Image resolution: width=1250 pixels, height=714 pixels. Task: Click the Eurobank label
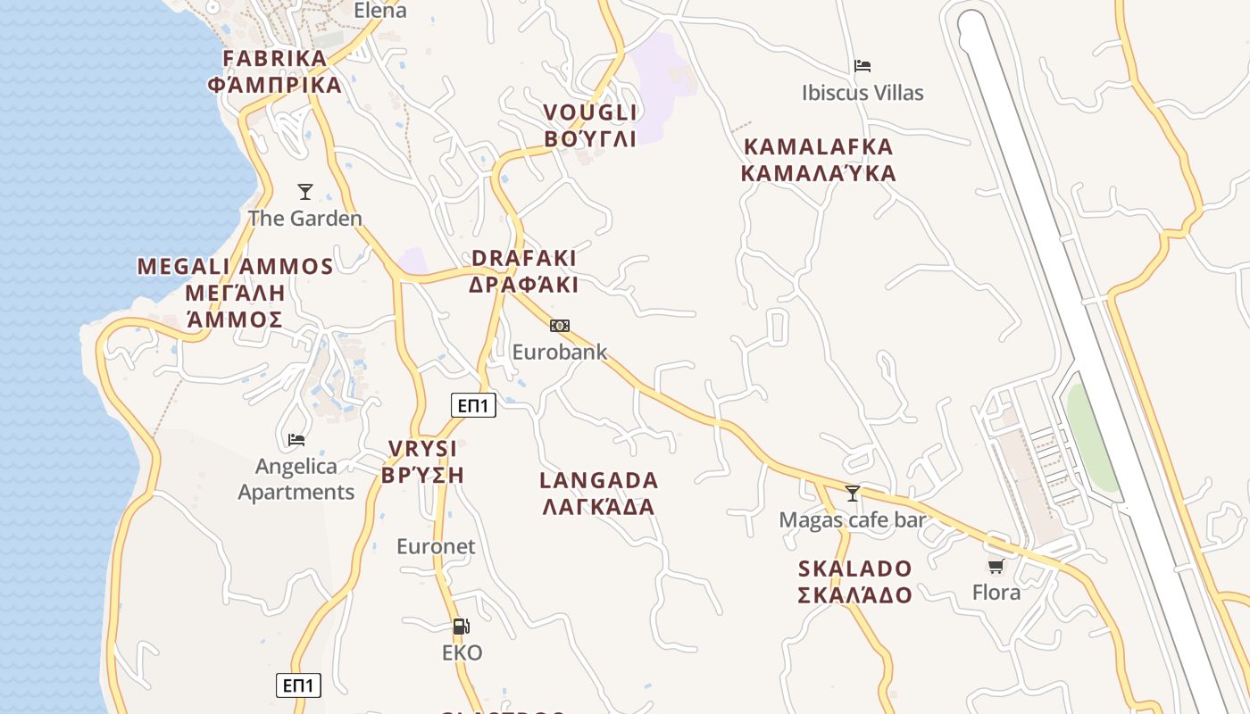click(x=559, y=352)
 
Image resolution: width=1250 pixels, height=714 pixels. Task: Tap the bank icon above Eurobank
click(x=560, y=326)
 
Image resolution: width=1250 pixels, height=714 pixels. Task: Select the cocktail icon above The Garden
click(x=305, y=192)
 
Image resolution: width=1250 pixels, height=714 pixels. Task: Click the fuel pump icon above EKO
click(x=461, y=627)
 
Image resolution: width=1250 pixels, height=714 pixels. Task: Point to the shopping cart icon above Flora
click(x=996, y=567)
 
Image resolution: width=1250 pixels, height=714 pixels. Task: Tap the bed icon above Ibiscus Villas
click(x=862, y=66)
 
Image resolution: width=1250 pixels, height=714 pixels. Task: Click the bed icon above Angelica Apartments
click(x=296, y=439)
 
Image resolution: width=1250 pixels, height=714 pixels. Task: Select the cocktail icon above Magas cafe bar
click(x=853, y=494)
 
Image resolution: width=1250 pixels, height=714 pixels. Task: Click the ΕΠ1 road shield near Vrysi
click(x=473, y=406)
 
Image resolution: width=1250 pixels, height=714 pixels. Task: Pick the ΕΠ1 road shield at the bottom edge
click(x=298, y=685)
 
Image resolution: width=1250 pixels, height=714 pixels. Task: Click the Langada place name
click(x=599, y=494)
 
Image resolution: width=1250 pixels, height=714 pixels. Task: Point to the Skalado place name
click(x=855, y=582)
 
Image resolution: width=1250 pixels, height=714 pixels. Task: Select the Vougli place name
click(x=591, y=126)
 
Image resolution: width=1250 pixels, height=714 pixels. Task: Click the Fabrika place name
click(x=275, y=72)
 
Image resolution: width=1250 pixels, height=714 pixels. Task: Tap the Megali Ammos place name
click(x=235, y=293)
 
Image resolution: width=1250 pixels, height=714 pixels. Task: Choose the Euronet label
click(x=436, y=546)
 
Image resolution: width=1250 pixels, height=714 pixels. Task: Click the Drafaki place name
click(x=524, y=271)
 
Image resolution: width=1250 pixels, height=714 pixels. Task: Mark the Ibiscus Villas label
click(x=862, y=93)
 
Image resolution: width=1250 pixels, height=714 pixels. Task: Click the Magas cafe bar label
click(x=853, y=519)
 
